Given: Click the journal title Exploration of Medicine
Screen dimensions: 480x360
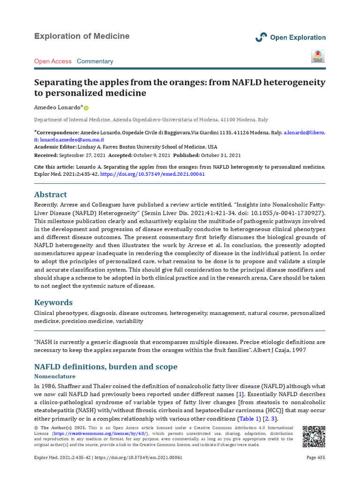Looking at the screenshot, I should click(x=82, y=37).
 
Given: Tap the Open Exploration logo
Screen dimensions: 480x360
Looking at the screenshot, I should click(x=290, y=37).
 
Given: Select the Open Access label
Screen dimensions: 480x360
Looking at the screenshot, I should click(x=53, y=61).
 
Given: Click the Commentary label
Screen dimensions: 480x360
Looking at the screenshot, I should click(x=95, y=61).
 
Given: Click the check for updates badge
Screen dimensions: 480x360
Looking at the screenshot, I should click(x=318, y=56).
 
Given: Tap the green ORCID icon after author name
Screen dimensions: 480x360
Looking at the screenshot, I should click(x=86, y=108).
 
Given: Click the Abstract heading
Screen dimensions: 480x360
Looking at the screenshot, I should click(x=51, y=195).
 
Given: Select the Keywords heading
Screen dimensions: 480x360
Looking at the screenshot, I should click(x=53, y=302).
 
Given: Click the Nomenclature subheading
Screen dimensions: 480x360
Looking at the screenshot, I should click(x=55, y=376).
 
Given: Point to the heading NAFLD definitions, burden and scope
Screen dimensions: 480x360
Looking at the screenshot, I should click(x=106, y=367).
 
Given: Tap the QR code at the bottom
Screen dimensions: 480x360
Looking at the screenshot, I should click(x=313, y=436).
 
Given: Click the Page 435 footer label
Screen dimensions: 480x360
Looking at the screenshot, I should click(x=315, y=457).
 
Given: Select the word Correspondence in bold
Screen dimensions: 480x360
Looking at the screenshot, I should click(x=58, y=133).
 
